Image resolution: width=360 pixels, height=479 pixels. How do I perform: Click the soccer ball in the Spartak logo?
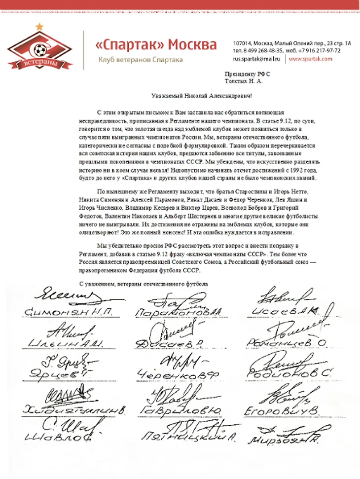(x=38, y=49)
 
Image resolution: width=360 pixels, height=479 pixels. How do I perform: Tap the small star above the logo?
(x=39, y=27)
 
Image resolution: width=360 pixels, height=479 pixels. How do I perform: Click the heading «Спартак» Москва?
(x=155, y=45)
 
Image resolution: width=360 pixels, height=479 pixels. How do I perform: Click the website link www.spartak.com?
(x=310, y=58)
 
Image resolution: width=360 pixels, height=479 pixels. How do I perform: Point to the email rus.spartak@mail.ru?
(x=257, y=58)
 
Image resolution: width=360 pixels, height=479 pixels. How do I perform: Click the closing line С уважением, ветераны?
(x=144, y=284)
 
